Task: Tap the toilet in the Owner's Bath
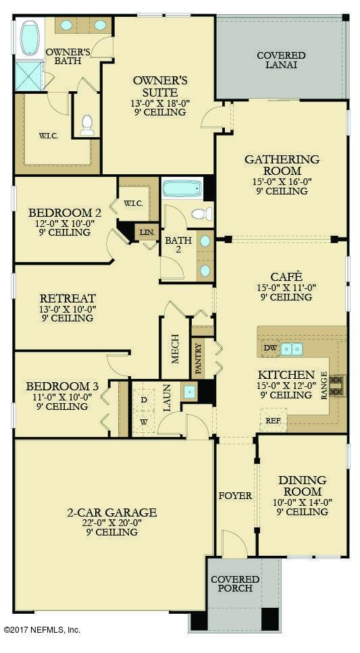(x=87, y=126)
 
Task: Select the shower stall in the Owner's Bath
(x=29, y=76)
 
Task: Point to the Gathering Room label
(x=282, y=165)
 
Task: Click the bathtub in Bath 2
(x=182, y=188)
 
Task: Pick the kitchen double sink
(x=291, y=348)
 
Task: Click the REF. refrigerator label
(x=274, y=420)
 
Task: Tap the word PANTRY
(x=199, y=358)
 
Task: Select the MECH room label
(x=175, y=348)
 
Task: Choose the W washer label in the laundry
(x=144, y=422)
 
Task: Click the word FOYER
(x=236, y=496)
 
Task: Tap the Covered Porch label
(x=235, y=584)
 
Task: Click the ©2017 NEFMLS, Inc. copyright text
(x=42, y=629)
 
